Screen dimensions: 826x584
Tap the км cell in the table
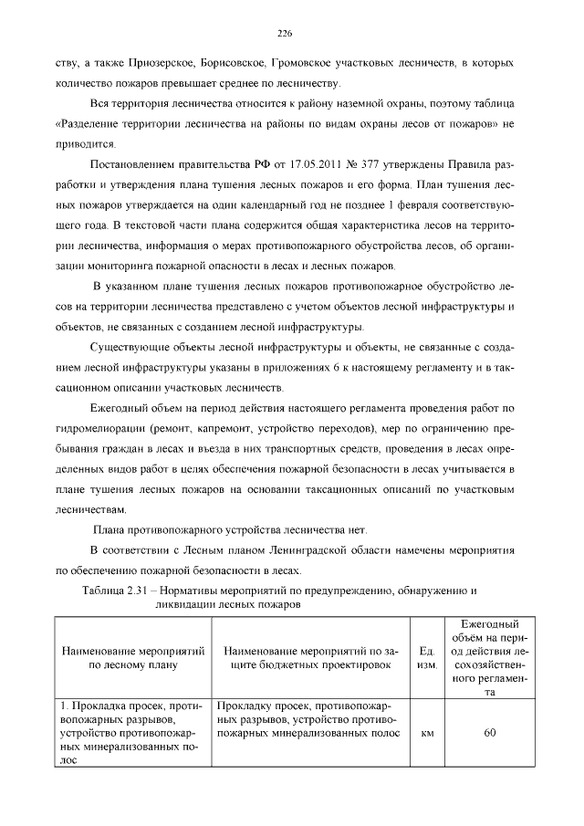coord(425,733)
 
